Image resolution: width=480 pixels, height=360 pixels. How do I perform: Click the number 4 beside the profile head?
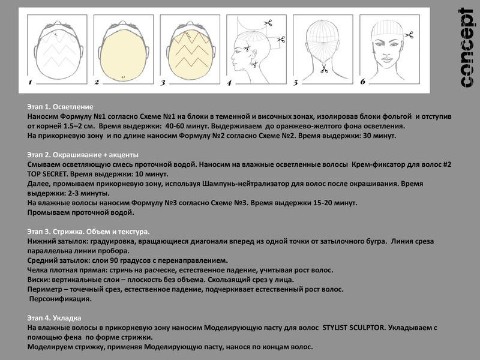click(x=228, y=82)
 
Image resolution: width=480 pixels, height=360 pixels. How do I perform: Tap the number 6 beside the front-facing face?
click(x=362, y=81)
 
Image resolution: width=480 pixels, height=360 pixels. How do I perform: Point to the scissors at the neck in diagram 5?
click(x=325, y=70)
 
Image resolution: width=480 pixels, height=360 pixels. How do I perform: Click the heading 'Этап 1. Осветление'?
click(x=61, y=106)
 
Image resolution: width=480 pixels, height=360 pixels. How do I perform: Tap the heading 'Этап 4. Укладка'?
click(x=55, y=317)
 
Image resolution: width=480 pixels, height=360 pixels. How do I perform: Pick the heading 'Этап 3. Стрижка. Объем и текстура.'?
click(x=89, y=231)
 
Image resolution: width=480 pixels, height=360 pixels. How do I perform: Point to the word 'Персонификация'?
click(x=61, y=299)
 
